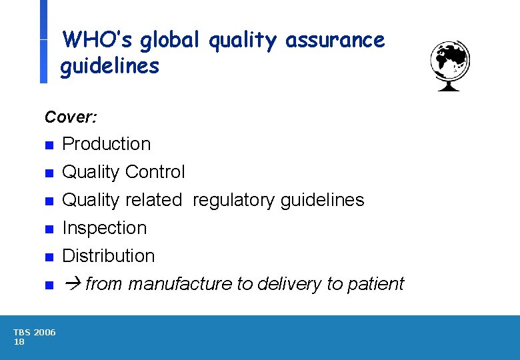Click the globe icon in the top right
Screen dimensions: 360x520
pyautogui.click(x=450, y=65)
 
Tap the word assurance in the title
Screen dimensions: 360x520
pyautogui.click(x=335, y=40)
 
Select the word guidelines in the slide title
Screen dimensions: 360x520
pyautogui.click(x=110, y=67)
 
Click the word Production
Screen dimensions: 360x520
pyautogui.click(x=107, y=144)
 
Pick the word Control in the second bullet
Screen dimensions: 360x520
pyautogui.click(x=155, y=172)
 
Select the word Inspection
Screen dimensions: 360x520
pyautogui.click(x=105, y=228)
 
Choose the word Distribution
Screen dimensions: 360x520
pyautogui.click(x=109, y=256)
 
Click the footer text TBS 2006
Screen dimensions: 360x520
pyautogui.click(x=35, y=333)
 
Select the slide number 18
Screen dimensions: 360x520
pyautogui.click(x=19, y=342)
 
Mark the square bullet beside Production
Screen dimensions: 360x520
pyautogui.click(x=48, y=145)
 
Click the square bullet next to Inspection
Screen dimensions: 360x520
pyautogui.click(x=48, y=229)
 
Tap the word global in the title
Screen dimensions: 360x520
pyautogui.click(x=171, y=40)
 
